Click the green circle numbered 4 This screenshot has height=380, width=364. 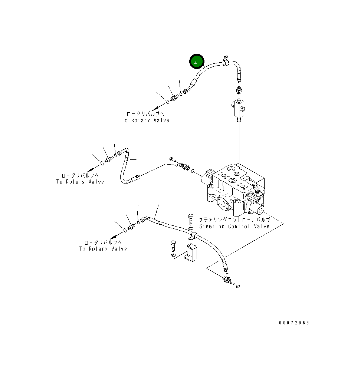coord(197,62)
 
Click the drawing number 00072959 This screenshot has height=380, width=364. coord(294,323)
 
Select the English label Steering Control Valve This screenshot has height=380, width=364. coord(234,226)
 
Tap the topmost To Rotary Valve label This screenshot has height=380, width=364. coord(145,120)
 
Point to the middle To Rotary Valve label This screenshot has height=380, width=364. coord(80,182)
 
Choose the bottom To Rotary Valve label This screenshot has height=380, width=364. coord(103,249)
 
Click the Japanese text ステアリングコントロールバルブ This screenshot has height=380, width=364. coord(234,219)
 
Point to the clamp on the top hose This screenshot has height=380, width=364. coord(225,62)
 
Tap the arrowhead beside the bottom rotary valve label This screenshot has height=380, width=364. coord(113,236)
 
